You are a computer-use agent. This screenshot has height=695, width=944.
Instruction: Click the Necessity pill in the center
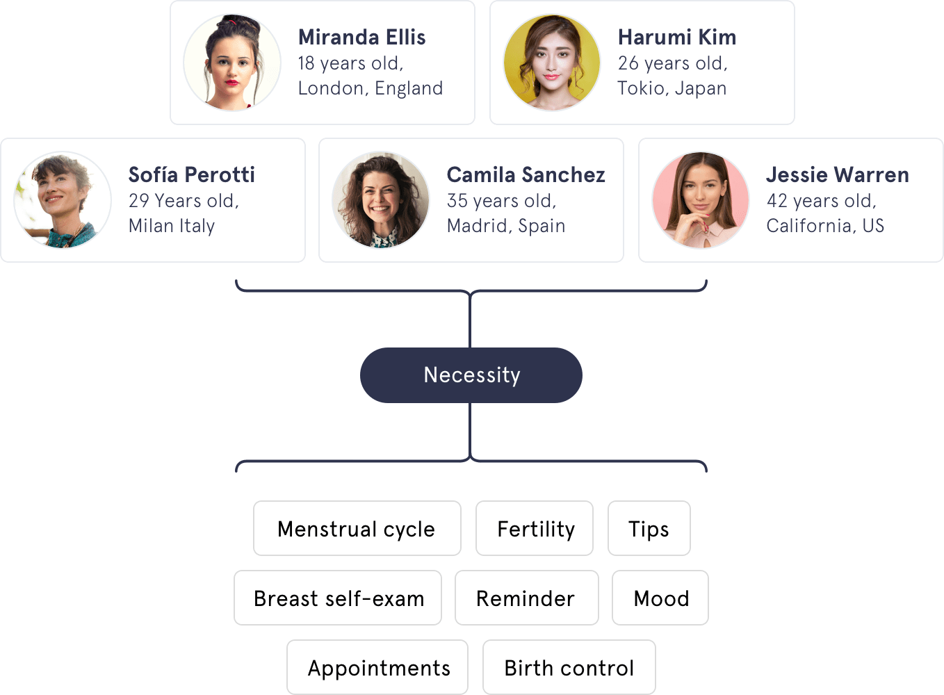pyautogui.click(x=471, y=375)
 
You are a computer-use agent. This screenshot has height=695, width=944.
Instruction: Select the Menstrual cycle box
pyautogui.click(x=357, y=529)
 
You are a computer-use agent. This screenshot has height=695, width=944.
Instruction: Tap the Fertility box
pyautogui.click(x=535, y=529)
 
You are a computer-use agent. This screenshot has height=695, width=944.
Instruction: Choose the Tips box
pyautogui.click(x=649, y=529)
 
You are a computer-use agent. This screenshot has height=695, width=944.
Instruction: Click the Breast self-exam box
pyautogui.click(x=338, y=598)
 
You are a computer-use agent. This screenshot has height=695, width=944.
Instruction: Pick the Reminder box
pyautogui.click(x=526, y=598)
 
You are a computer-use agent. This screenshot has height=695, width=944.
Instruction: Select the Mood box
pyautogui.click(x=660, y=598)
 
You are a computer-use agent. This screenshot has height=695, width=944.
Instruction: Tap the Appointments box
pyautogui.click(x=377, y=668)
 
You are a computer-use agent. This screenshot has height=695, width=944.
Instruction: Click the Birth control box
pyautogui.click(x=569, y=668)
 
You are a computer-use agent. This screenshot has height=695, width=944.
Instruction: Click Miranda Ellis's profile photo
pyautogui.click(x=232, y=63)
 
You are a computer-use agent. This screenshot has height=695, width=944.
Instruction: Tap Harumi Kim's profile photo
pyautogui.click(x=552, y=63)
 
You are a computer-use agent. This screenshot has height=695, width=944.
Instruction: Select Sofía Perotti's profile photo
pyautogui.click(x=63, y=200)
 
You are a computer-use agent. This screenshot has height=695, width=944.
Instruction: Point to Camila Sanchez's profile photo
pyautogui.click(x=381, y=200)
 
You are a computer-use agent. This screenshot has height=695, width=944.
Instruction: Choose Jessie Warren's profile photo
pyautogui.click(x=701, y=200)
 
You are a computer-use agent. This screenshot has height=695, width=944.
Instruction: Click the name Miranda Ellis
pyautogui.click(x=361, y=37)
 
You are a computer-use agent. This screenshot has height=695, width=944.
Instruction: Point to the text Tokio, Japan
pyautogui.click(x=672, y=88)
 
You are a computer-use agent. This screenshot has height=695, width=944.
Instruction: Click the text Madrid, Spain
pyautogui.click(x=505, y=226)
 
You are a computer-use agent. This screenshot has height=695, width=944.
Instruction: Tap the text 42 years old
pyautogui.click(x=821, y=201)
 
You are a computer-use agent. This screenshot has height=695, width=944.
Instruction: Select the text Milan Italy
pyautogui.click(x=172, y=226)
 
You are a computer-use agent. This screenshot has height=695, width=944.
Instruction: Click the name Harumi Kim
pyautogui.click(x=676, y=37)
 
